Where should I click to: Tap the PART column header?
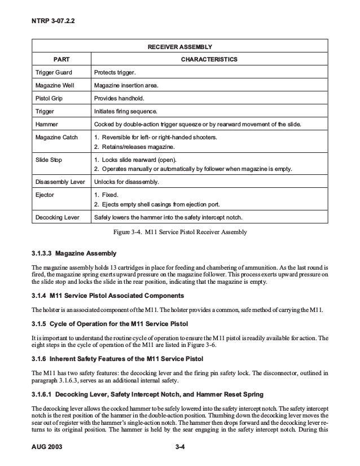pyautogui.click(x=62, y=59)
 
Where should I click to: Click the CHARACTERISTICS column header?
pyautogui.click(x=209, y=59)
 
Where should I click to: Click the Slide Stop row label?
pyautogui.click(x=50, y=160)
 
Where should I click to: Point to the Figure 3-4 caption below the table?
pyautogui.click(x=180, y=231)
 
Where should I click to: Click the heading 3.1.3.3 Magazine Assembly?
pyautogui.click(x=74, y=252)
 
